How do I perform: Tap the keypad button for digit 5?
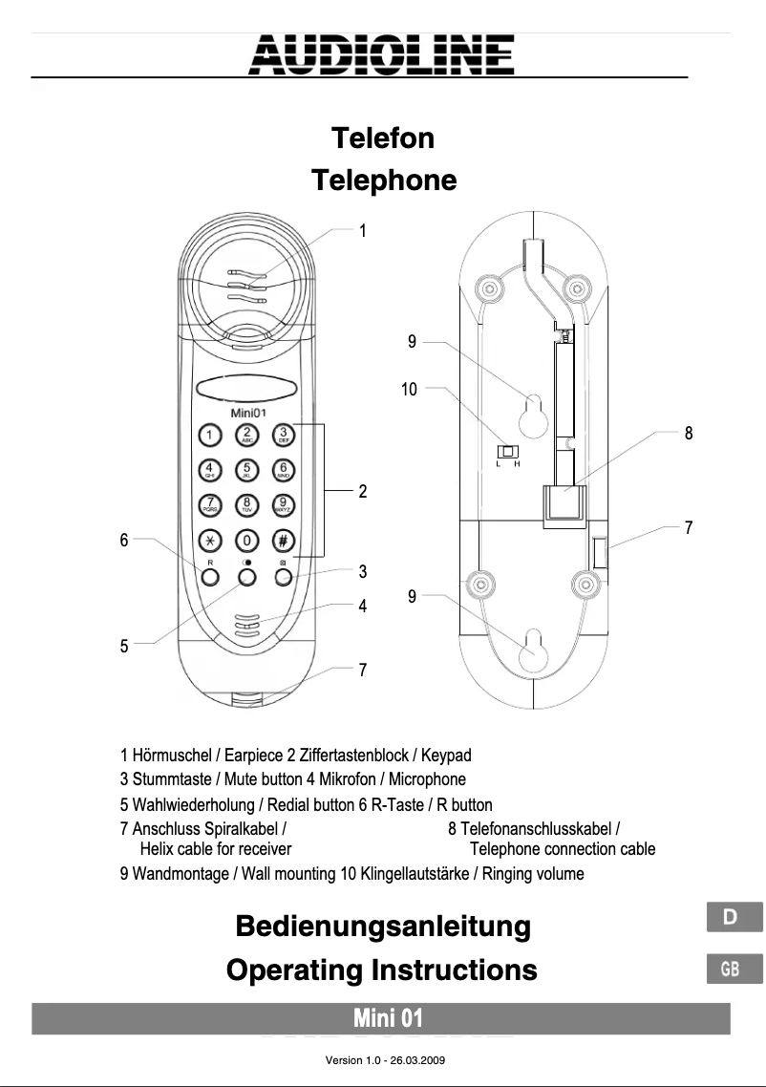point(246,469)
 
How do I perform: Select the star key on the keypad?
point(210,539)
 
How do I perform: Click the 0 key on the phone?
point(246,539)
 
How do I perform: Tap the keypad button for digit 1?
point(210,437)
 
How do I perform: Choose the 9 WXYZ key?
point(284,503)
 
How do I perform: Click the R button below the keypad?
point(210,576)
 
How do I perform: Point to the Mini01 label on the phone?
point(246,413)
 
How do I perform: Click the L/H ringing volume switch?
point(508,452)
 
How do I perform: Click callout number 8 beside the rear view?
point(689,434)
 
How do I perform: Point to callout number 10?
point(409,389)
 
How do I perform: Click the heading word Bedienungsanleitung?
point(382,926)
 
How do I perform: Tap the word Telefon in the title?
point(382,139)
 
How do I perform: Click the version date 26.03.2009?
point(415,1060)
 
